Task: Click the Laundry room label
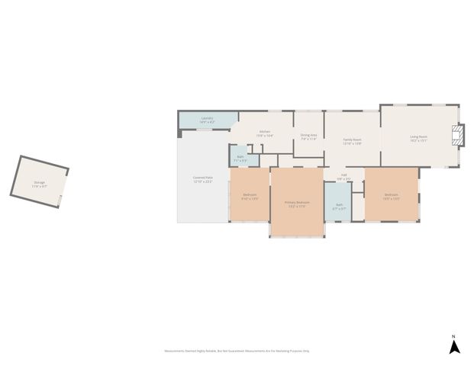[207, 118]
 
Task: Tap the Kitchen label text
[265, 132]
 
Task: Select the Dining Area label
[309, 135]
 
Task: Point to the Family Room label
[352, 140]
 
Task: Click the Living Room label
[418, 137]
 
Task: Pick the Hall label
[344, 175]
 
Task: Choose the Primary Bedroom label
[297, 203]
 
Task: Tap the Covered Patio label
[202, 178]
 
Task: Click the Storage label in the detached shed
[40, 182]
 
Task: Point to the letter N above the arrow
[453, 336]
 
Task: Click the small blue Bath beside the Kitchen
[240, 159]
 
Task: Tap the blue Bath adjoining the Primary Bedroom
[340, 206]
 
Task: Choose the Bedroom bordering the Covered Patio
[250, 196]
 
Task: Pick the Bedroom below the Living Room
[392, 195]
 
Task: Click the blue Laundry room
[207, 120]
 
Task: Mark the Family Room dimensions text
[352, 143]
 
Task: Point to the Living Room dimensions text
[418, 140]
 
